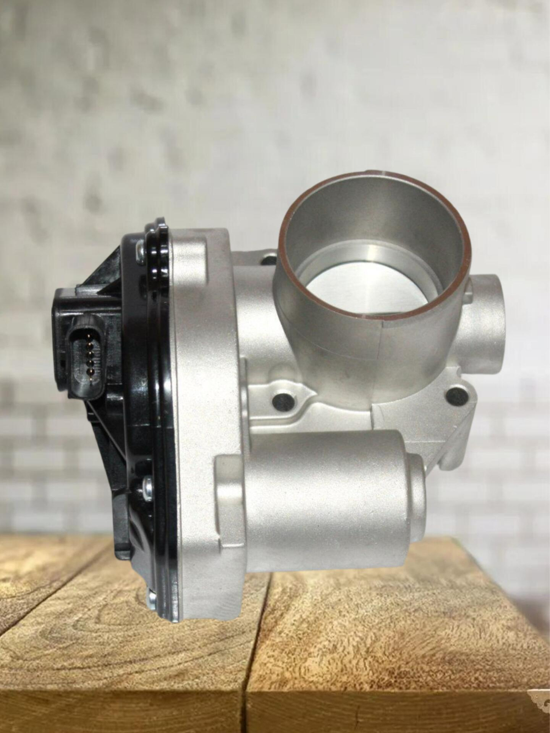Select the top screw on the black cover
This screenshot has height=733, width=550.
click(140, 250)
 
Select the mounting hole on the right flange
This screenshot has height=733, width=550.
click(454, 394)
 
